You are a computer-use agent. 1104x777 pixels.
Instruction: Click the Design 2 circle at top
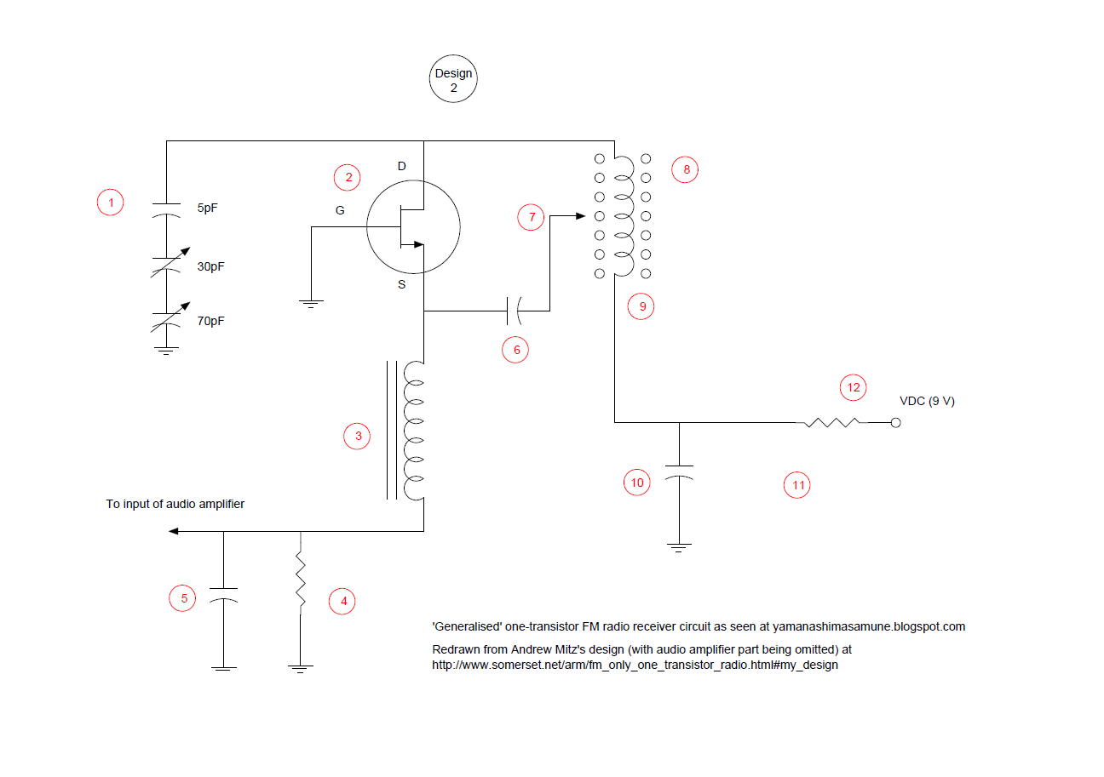coord(453,80)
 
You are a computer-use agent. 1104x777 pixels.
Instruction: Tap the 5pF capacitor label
coord(209,208)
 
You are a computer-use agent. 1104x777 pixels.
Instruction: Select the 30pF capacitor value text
coord(211,266)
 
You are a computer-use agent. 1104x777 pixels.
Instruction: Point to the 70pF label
coord(211,322)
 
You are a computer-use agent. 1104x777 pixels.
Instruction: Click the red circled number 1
coord(110,203)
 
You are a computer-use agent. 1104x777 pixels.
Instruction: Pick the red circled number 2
coord(347,177)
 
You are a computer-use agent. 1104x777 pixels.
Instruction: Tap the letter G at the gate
coord(340,211)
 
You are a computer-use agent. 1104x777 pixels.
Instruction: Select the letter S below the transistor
coord(402,285)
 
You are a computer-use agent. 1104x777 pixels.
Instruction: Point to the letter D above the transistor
coord(402,165)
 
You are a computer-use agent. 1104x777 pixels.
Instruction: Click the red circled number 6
coord(515,349)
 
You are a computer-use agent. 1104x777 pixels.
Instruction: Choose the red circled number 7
coord(532,217)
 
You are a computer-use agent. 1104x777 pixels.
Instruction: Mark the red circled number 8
coord(685,169)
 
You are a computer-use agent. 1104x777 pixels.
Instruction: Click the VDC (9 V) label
coord(928,401)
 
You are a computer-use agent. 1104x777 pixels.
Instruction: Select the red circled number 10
coord(636,483)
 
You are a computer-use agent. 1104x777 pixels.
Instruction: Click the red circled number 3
coord(358,437)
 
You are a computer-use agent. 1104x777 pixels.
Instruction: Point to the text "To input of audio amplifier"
coord(175,504)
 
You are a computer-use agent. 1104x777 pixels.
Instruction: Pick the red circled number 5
coord(183,598)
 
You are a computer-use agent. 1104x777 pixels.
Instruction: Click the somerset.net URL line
coord(635,665)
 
